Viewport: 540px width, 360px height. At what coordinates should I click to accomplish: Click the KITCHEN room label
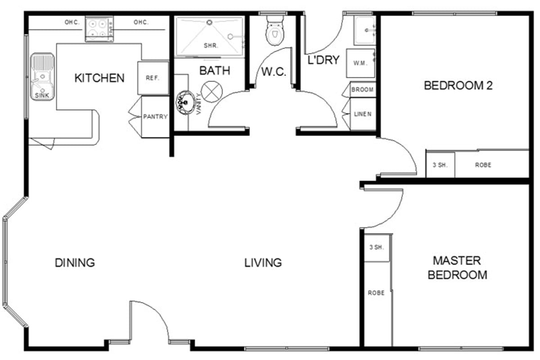click(99, 78)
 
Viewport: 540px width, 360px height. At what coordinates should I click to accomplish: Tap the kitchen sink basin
click(42, 76)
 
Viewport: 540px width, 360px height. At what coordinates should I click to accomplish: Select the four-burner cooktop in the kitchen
click(99, 29)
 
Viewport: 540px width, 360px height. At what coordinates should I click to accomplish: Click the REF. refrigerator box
click(153, 78)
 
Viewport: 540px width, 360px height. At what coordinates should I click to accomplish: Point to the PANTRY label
click(155, 117)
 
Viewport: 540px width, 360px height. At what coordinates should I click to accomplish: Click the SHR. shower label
click(211, 45)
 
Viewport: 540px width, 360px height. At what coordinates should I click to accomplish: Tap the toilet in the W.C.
click(275, 31)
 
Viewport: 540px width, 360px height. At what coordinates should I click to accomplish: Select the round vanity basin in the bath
click(185, 103)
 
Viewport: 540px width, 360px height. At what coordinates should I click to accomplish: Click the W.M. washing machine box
click(360, 63)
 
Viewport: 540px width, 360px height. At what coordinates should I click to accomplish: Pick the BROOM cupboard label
click(362, 90)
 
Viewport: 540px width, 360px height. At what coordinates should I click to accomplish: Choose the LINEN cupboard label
click(363, 114)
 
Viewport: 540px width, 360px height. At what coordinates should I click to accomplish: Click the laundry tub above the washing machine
click(365, 31)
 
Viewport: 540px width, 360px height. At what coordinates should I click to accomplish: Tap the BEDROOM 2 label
click(458, 85)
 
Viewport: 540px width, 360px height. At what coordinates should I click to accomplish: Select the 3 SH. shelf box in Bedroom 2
click(441, 165)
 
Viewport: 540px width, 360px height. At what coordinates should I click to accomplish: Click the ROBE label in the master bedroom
click(376, 293)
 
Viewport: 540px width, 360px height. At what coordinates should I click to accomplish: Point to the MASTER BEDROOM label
click(457, 268)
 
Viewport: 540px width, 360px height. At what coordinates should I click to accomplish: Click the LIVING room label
click(263, 263)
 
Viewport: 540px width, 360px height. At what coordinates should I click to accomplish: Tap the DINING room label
click(75, 263)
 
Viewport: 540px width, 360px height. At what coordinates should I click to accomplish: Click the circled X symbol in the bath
click(211, 92)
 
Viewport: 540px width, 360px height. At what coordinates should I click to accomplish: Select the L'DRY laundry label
click(324, 60)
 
